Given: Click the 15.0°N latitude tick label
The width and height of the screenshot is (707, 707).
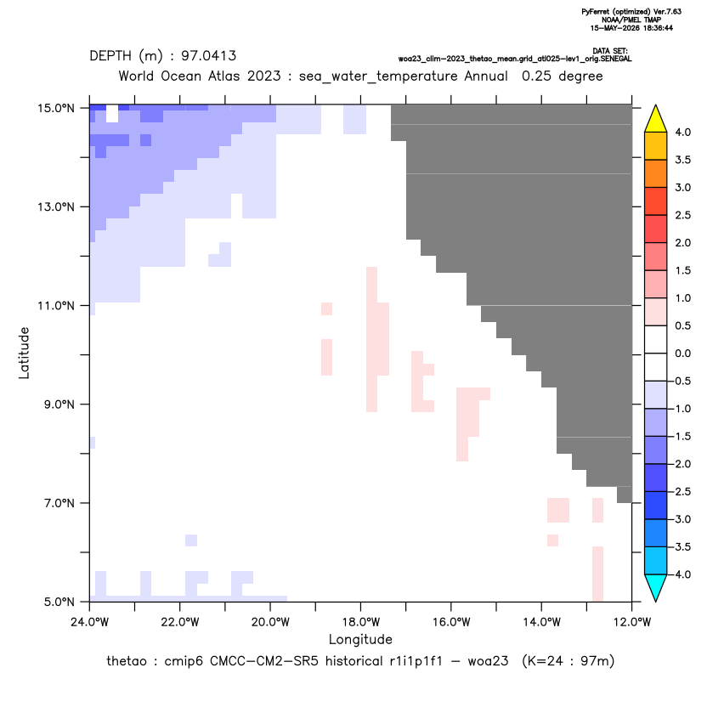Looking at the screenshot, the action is (56, 108).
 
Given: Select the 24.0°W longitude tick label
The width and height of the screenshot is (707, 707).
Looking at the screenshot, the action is (90, 622).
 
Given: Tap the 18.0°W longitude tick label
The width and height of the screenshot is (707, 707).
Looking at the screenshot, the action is (360, 622).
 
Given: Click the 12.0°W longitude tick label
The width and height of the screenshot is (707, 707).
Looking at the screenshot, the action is (632, 622).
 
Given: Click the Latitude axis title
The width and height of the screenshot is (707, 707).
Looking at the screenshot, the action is (24, 353).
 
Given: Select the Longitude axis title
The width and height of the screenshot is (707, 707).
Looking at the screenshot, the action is (360, 639).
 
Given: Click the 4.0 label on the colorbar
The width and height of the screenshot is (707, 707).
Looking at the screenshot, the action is (682, 132).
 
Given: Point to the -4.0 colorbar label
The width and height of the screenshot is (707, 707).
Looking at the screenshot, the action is (681, 574).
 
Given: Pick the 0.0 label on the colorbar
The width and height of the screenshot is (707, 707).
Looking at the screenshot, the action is (682, 353).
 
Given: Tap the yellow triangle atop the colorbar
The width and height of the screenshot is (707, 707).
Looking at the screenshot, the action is (656, 119).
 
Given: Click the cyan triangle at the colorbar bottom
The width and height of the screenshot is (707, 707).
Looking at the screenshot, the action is (656, 588).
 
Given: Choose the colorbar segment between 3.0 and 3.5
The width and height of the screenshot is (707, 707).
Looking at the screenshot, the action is (656, 173).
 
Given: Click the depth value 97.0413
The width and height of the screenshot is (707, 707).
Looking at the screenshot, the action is (209, 56).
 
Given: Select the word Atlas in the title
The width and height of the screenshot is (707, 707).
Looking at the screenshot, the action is (223, 76).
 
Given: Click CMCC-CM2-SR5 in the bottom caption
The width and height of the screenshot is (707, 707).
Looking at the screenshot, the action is (264, 661).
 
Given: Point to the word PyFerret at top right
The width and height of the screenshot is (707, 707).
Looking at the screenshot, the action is (596, 12).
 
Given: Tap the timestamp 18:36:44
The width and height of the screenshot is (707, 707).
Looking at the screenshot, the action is (657, 28).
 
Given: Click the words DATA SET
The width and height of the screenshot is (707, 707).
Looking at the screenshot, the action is (610, 51).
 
